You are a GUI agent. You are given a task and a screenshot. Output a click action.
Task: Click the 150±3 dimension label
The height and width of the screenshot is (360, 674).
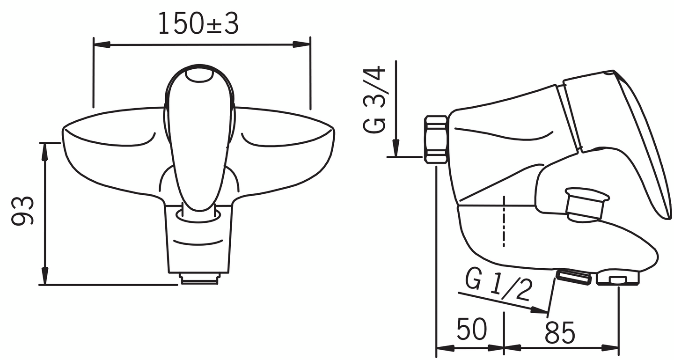[x=198, y=23]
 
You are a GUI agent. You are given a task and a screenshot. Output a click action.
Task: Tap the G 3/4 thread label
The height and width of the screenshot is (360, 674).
[x=374, y=100]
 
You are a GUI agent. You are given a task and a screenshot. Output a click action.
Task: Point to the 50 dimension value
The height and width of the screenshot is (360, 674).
[x=471, y=329]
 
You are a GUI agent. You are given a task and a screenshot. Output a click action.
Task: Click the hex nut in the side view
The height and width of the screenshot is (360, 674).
[x=435, y=140]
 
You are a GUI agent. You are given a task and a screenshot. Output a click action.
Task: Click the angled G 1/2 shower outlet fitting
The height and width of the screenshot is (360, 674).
[x=574, y=277]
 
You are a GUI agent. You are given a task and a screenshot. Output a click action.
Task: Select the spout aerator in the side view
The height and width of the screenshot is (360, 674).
[x=617, y=278]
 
